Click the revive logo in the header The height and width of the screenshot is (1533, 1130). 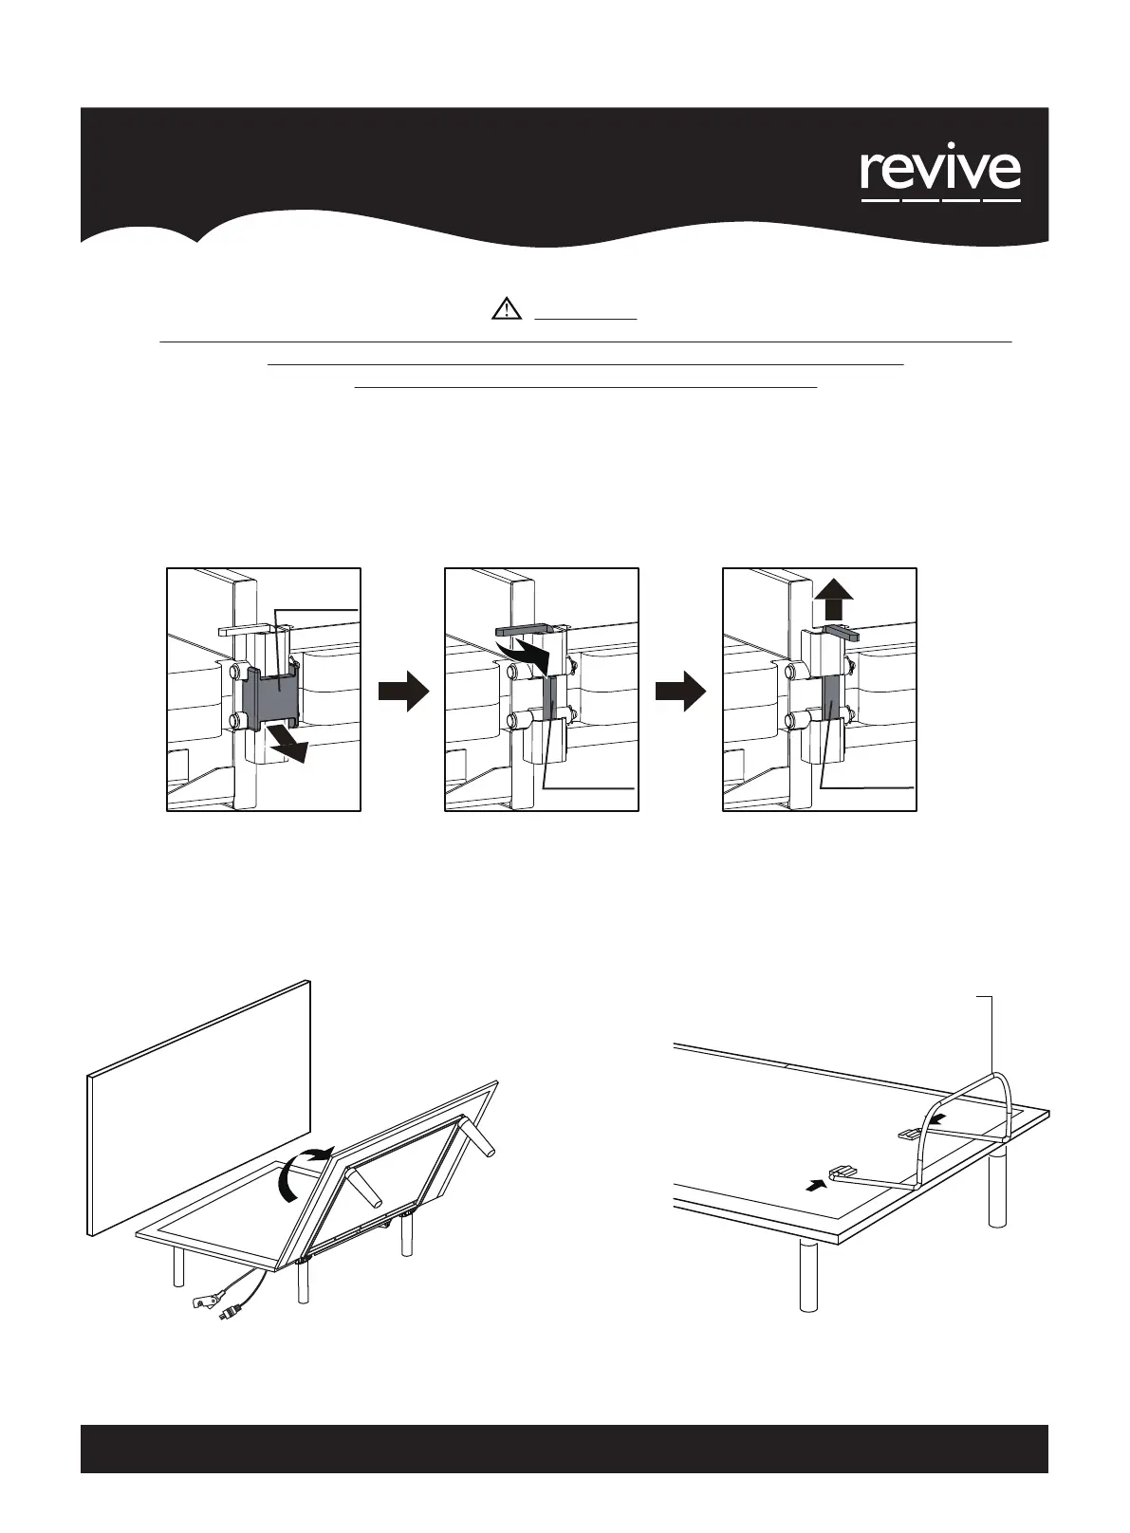940,175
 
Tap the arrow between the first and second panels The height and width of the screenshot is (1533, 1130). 403,693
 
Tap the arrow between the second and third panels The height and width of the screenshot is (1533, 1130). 680,693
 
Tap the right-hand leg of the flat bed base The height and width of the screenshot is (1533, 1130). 996,1190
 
